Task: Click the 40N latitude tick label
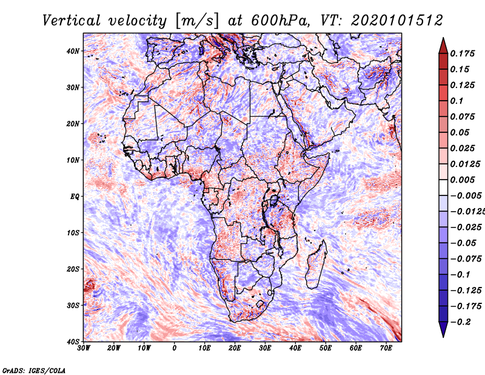pyautogui.click(x=73, y=51)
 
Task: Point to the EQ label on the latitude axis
pyautogui.click(x=75, y=197)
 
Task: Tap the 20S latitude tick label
pyautogui.click(x=73, y=269)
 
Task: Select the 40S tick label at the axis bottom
pyautogui.click(x=73, y=342)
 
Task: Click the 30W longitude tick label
pyautogui.click(x=84, y=348)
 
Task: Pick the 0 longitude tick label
pyautogui.click(x=175, y=348)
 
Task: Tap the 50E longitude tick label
pyautogui.click(x=326, y=348)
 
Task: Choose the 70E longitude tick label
pyautogui.click(x=386, y=348)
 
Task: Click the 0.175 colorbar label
pyautogui.click(x=463, y=53)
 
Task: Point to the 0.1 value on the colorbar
pyautogui.click(x=457, y=101)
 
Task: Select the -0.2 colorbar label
pyautogui.click(x=460, y=322)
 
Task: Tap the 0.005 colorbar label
pyautogui.click(x=463, y=180)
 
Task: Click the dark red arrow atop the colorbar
pyautogui.click(x=443, y=46)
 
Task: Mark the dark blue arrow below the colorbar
pyautogui.click(x=443, y=329)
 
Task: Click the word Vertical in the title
pyautogui.click(x=72, y=21)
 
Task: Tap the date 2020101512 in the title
pyautogui.click(x=397, y=21)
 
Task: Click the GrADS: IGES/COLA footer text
pyautogui.click(x=34, y=370)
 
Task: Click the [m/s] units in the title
pyautogui.click(x=197, y=21)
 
